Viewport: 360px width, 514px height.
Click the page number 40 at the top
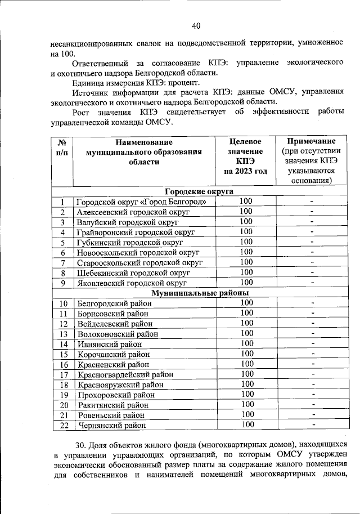click(196, 25)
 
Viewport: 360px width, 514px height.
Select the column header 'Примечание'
click(311, 141)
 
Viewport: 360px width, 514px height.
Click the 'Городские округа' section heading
click(199, 191)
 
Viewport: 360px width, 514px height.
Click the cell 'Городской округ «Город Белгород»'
click(145, 202)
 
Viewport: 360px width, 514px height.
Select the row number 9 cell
click(63, 283)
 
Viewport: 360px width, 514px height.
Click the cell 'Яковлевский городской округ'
click(132, 283)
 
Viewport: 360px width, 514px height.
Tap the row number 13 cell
click(63, 334)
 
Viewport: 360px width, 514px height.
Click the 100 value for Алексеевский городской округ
click(246, 212)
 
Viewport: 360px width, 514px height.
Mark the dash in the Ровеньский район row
click(312, 414)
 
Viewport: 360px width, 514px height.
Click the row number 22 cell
click(63, 425)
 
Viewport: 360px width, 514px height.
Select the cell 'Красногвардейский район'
click(125, 374)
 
